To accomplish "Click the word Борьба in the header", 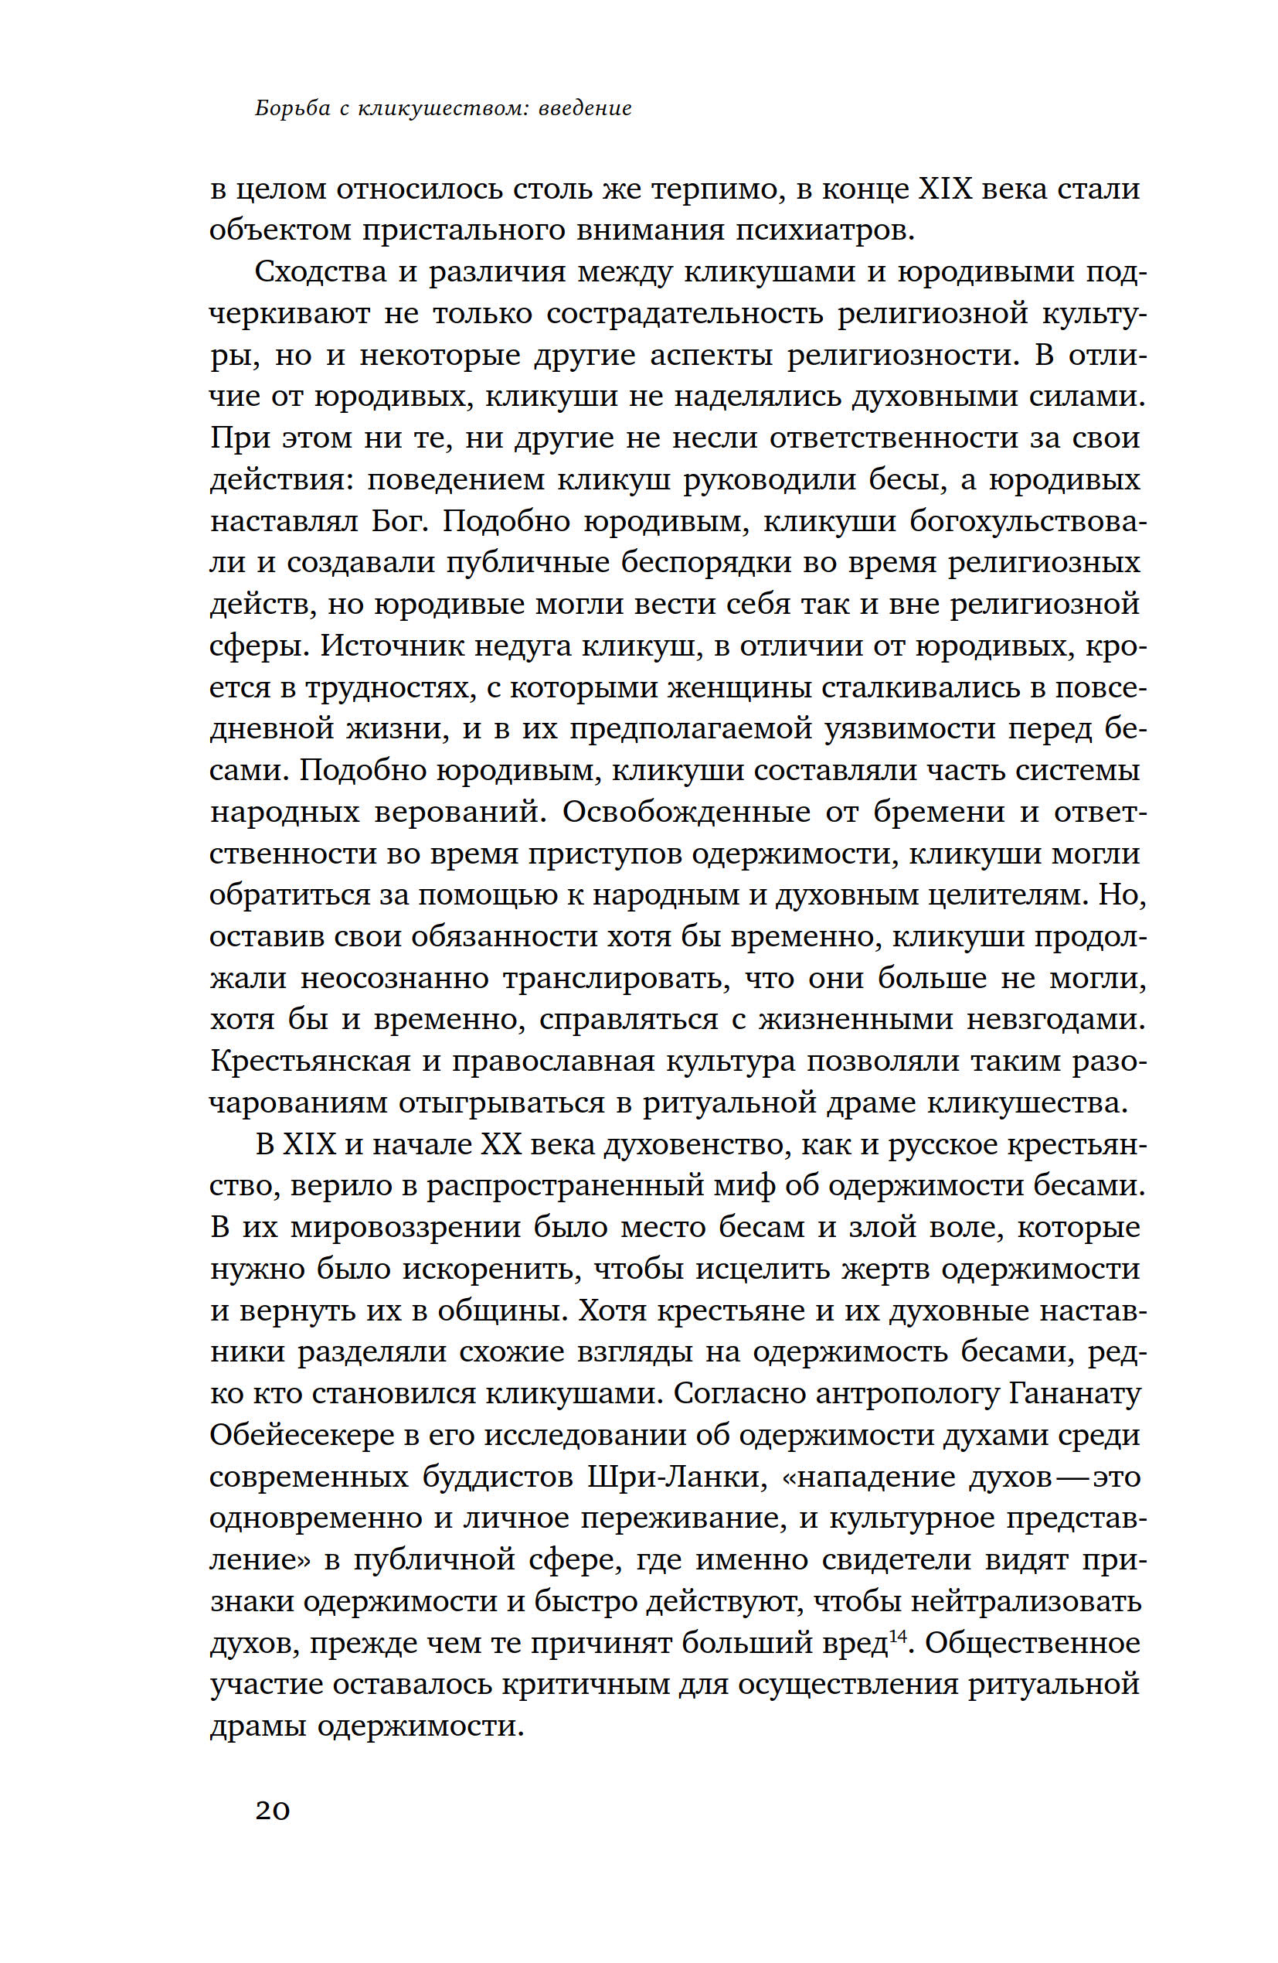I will [x=292, y=108].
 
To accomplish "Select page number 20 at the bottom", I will [x=272, y=1811].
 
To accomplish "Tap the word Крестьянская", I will [x=310, y=1061].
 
